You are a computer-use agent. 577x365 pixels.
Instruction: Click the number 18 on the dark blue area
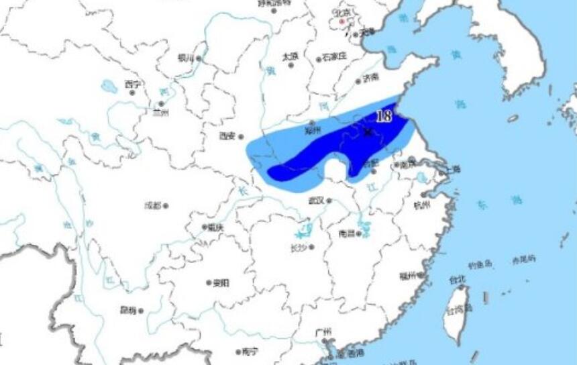coord(384,116)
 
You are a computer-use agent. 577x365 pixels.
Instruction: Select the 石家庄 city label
coord(333,56)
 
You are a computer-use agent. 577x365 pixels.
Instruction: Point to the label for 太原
coord(290,56)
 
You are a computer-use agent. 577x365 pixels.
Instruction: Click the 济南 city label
coord(370,77)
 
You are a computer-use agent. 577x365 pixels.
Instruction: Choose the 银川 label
coord(185,58)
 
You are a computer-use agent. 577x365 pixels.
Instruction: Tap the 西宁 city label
coord(132,85)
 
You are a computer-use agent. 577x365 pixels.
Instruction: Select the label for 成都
coord(152,206)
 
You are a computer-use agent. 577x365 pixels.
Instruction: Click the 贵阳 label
coord(221,283)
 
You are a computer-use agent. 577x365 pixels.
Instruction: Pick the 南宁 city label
coord(250,351)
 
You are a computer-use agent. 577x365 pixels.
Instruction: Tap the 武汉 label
coord(316,200)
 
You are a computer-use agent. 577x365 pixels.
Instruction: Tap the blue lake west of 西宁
coord(109,87)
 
